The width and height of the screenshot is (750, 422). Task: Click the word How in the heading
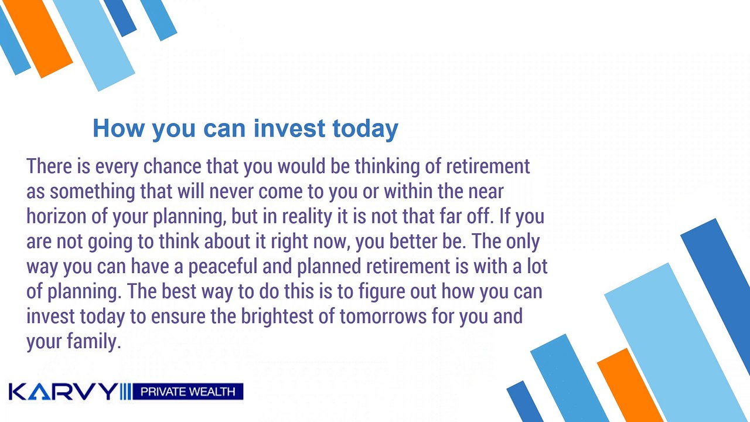coord(119,128)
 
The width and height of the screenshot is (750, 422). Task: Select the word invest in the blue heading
coord(289,128)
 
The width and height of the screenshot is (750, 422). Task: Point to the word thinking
coord(387,167)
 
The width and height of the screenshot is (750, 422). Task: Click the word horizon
coord(57,216)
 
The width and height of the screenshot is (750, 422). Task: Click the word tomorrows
coord(383,317)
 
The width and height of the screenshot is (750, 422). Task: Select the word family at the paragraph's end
coord(94,342)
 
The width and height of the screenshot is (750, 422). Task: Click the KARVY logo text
coord(63,392)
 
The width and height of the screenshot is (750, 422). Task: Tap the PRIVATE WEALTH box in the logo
coord(188,392)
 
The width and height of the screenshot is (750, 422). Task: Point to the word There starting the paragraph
coord(49,166)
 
